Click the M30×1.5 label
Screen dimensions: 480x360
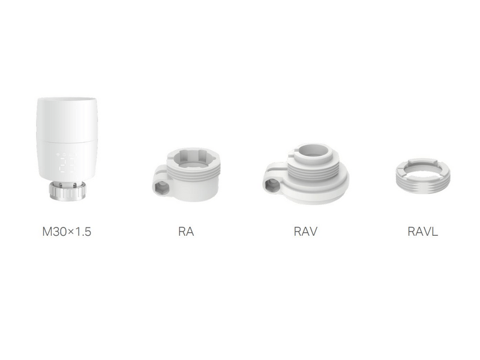67,232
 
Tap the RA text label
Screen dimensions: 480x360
186,232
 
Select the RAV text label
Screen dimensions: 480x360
305,232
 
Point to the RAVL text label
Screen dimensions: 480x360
423,232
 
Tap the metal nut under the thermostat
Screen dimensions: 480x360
67,191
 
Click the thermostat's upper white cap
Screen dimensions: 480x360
67,119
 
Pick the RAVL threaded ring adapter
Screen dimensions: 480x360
423,176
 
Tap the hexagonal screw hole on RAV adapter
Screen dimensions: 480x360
271,185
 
